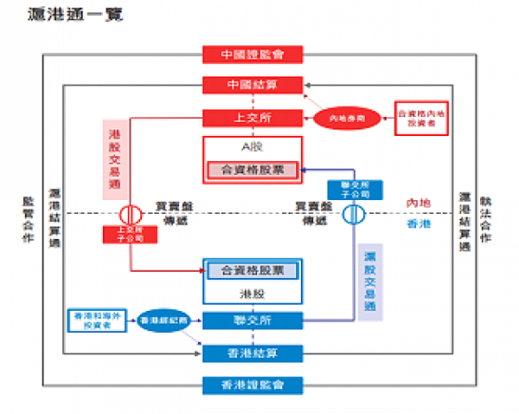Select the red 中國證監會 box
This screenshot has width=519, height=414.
252,54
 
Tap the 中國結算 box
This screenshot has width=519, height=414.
252,85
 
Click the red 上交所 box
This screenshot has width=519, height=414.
252,117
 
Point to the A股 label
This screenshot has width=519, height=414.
252,146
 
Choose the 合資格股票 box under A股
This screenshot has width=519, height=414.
252,171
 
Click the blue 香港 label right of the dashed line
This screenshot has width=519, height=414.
419,223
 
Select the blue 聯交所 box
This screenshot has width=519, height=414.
252,320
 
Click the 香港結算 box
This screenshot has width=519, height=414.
252,353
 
